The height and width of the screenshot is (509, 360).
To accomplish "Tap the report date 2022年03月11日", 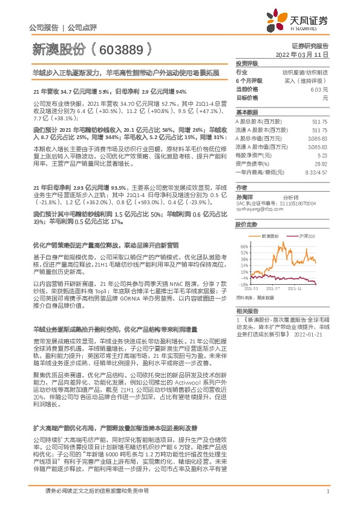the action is [302, 54].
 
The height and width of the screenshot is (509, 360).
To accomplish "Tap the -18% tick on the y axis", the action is [244, 284].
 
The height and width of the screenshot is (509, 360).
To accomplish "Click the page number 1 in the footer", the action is [327, 491].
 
